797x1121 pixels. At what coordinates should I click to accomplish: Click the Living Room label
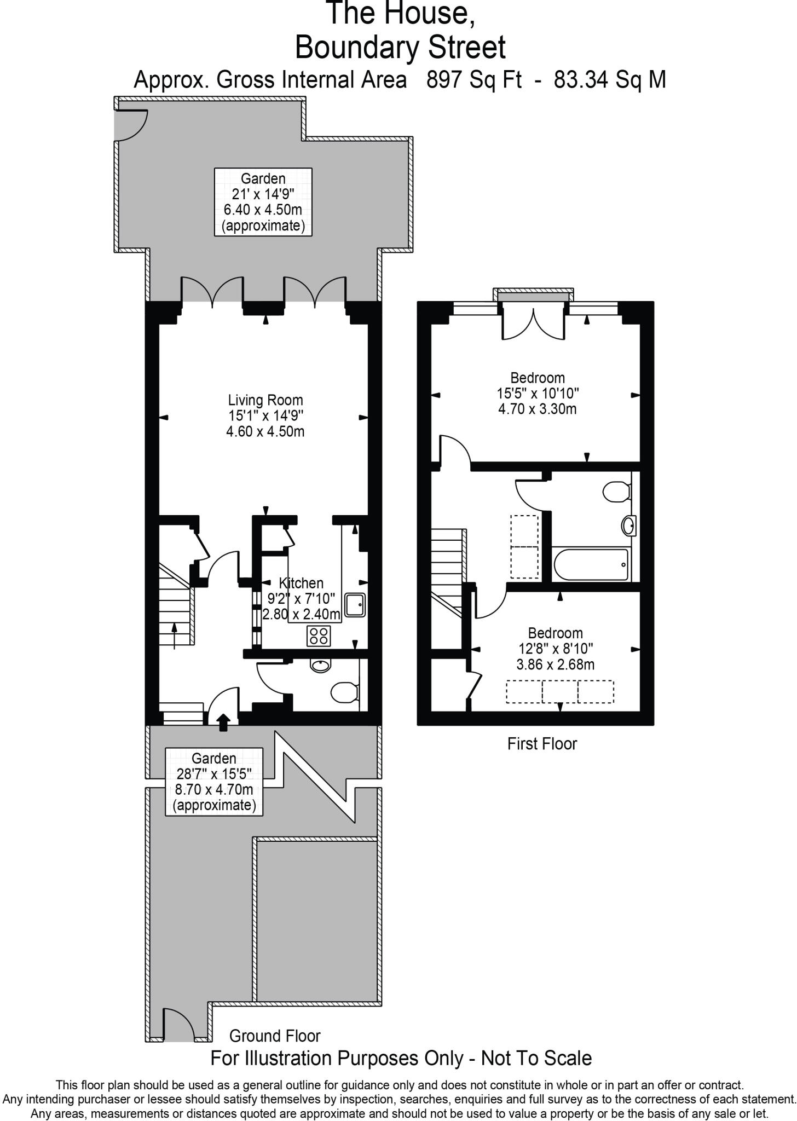click(265, 400)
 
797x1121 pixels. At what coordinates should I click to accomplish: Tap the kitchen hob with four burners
click(319, 635)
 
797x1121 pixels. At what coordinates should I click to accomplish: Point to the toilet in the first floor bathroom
click(616, 492)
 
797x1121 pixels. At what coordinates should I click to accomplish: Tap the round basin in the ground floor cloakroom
click(320, 666)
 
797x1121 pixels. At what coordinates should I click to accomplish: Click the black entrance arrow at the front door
click(223, 722)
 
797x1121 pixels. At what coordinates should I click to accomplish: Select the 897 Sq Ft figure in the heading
click(474, 80)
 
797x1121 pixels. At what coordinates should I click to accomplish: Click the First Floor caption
click(542, 744)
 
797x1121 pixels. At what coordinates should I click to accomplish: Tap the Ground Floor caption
click(275, 1036)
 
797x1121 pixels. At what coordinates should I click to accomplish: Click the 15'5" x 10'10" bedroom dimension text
click(538, 393)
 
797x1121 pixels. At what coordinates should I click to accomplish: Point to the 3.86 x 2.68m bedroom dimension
click(555, 664)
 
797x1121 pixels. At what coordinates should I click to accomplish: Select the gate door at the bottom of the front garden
click(178, 1025)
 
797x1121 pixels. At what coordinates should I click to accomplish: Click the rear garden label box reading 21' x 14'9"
click(263, 202)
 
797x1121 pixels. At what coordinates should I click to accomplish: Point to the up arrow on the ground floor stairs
click(175, 635)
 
